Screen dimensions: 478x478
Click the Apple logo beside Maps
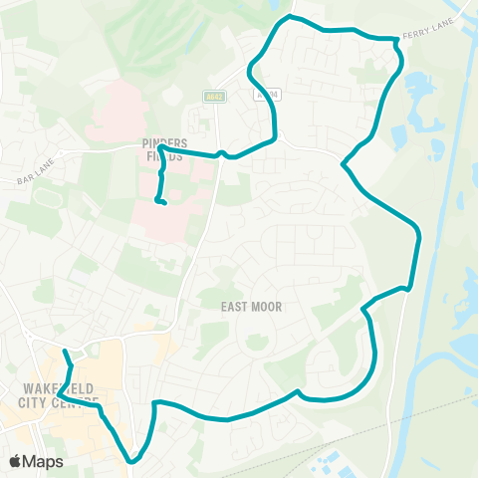[15, 461]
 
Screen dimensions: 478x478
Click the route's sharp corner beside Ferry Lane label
[397, 42]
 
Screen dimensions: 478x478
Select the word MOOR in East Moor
[266, 307]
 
